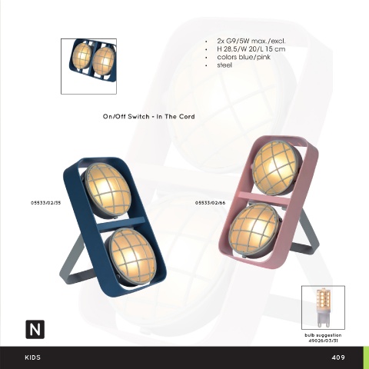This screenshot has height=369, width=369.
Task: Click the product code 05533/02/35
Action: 46,203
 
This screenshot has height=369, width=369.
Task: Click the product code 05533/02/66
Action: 211,203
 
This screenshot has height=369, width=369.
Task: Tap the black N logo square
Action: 35,329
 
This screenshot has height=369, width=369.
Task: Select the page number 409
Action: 338,357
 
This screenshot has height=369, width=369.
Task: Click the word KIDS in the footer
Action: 33,357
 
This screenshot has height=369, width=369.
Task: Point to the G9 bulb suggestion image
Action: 323,307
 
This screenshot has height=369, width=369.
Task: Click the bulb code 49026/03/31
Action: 323,341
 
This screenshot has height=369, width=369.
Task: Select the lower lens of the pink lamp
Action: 254,229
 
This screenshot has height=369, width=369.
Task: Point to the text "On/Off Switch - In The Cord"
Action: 149,117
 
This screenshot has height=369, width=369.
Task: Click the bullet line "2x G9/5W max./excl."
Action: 251,41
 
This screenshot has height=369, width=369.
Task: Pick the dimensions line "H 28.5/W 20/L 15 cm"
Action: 251,49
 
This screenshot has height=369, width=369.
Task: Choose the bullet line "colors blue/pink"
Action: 244,57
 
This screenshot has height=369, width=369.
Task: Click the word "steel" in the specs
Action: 224,65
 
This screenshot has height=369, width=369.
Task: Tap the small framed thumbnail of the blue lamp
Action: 88,66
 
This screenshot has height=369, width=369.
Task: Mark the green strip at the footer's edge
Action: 366,357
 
